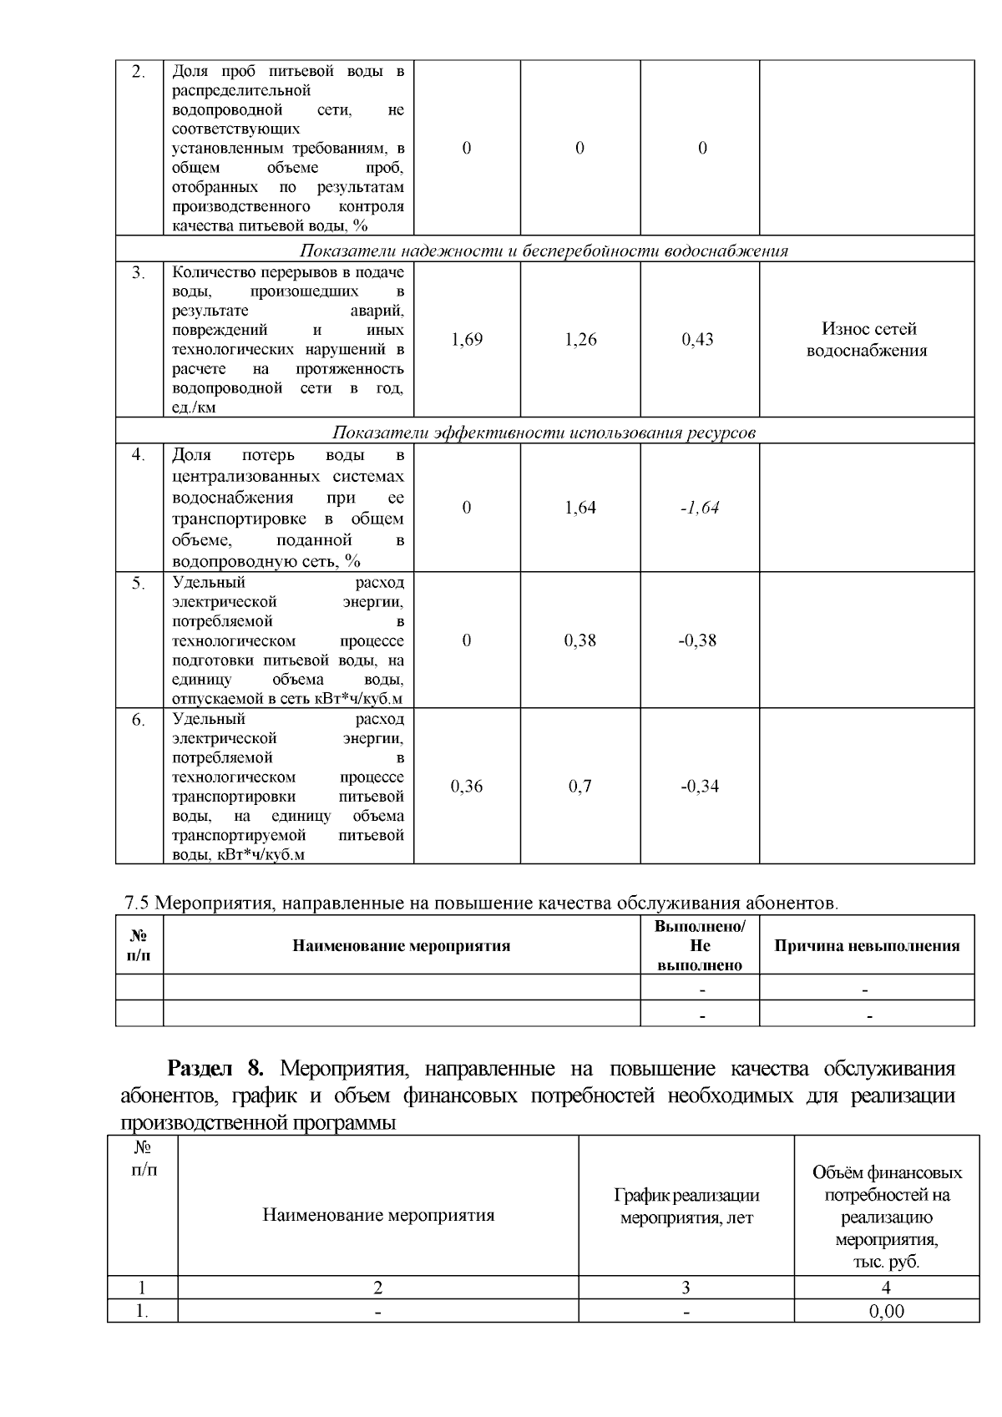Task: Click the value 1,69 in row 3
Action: (x=467, y=340)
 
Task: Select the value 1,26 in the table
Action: (x=580, y=340)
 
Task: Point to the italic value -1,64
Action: (x=700, y=508)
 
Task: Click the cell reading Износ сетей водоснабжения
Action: (x=867, y=340)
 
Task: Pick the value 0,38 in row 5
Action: (x=580, y=640)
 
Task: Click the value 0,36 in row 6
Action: (x=467, y=786)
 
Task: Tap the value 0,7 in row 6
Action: (x=580, y=786)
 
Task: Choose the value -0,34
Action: (x=699, y=786)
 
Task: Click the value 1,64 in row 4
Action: (x=580, y=508)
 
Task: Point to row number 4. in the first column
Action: (x=139, y=455)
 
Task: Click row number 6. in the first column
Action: (x=139, y=720)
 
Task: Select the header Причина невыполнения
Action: (x=867, y=946)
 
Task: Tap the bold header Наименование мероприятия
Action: (x=401, y=946)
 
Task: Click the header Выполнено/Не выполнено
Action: (x=700, y=946)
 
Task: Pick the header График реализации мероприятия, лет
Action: (x=686, y=1207)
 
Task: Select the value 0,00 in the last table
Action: (x=886, y=1312)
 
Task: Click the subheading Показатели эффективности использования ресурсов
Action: (x=544, y=433)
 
